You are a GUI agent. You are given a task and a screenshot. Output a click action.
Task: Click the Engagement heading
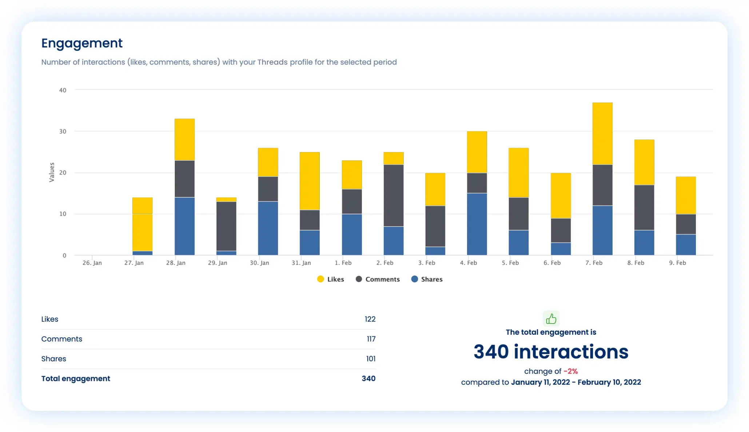pos(82,43)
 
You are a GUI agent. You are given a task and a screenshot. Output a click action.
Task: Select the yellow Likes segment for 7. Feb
pos(602,133)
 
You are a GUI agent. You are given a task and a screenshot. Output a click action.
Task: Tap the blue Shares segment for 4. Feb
pos(477,224)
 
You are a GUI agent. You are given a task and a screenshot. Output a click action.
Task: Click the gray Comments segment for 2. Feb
pos(393,195)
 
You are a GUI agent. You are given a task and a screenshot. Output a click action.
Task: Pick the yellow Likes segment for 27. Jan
pos(142,224)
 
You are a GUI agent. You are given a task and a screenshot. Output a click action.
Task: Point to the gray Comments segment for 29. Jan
pos(226,226)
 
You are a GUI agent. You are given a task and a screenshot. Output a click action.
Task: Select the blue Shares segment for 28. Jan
pos(184,226)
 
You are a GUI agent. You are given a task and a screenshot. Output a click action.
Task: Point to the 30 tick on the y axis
pos(63,131)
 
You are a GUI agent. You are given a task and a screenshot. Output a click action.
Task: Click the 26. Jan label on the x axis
pos(92,263)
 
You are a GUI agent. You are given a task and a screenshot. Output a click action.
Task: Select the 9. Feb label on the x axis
pos(677,263)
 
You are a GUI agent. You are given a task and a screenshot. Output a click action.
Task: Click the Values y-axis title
pos(52,172)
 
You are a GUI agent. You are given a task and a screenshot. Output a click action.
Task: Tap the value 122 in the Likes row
pos(370,319)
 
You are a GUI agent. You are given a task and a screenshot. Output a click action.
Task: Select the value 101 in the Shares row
pos(370,359)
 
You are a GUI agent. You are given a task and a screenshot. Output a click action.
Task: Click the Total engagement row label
pos(76,379)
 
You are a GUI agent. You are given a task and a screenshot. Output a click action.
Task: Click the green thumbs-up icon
pos(551,319)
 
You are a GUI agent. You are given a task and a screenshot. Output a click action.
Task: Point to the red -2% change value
pos(570,371)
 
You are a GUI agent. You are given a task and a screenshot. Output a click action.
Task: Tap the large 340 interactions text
pos(551,352)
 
